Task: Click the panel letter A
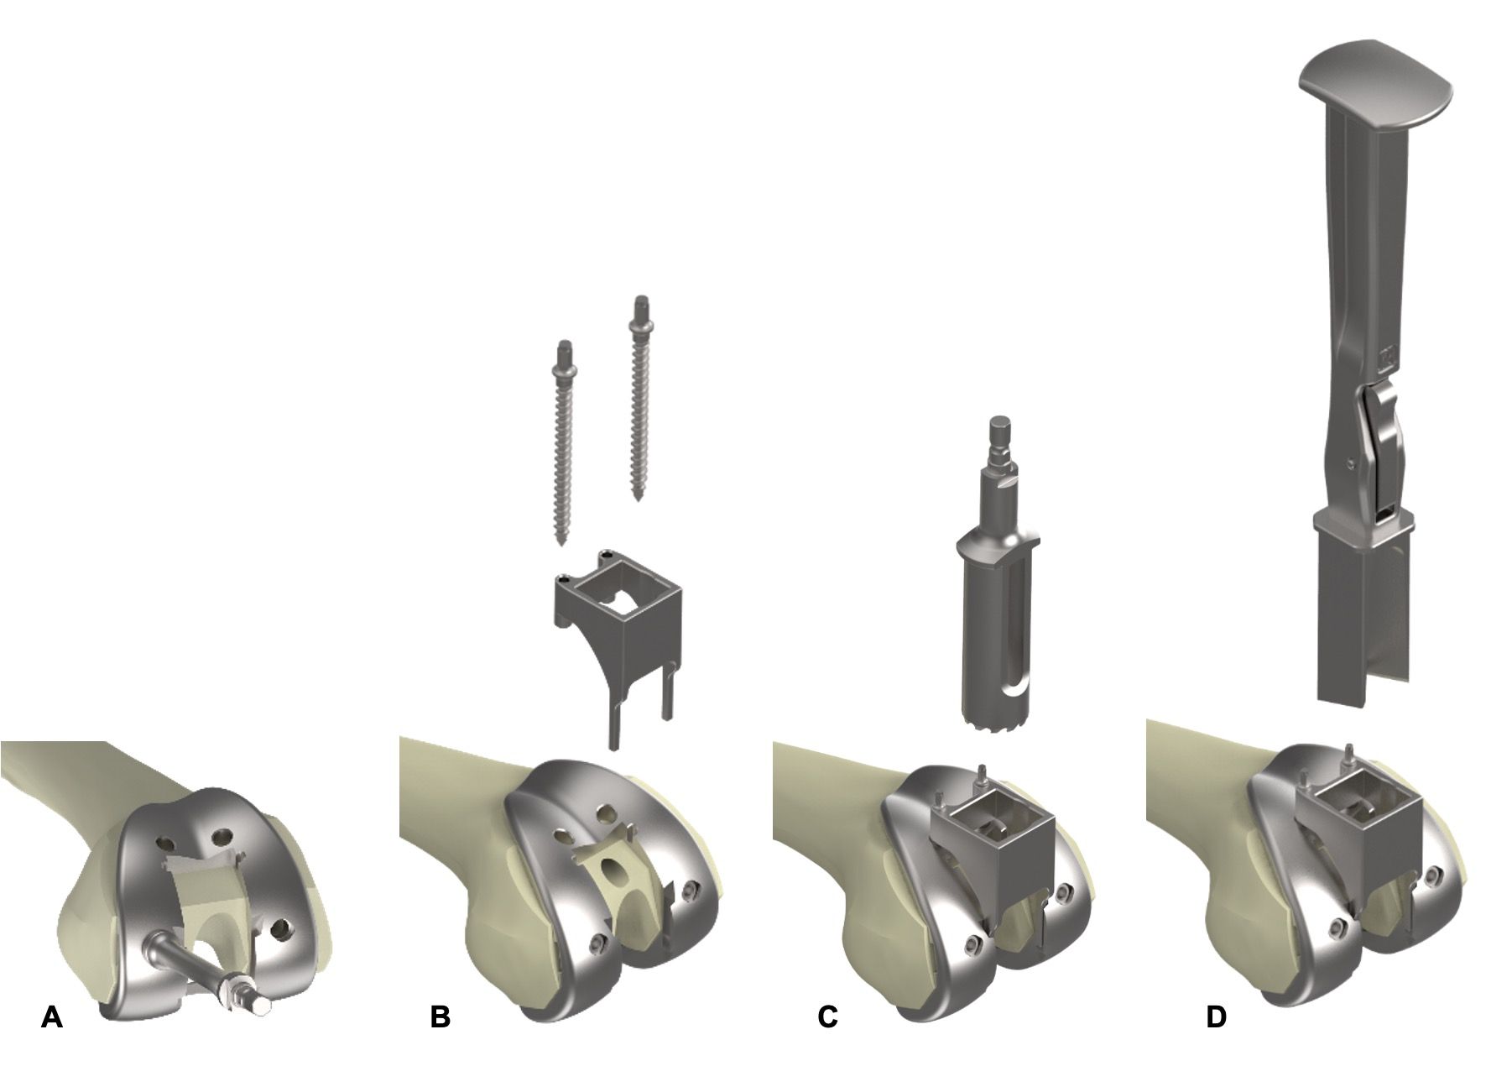point(52,1017)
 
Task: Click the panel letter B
point(440,1017)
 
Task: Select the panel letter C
point(828,1017)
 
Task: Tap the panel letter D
point(1216,1017)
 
